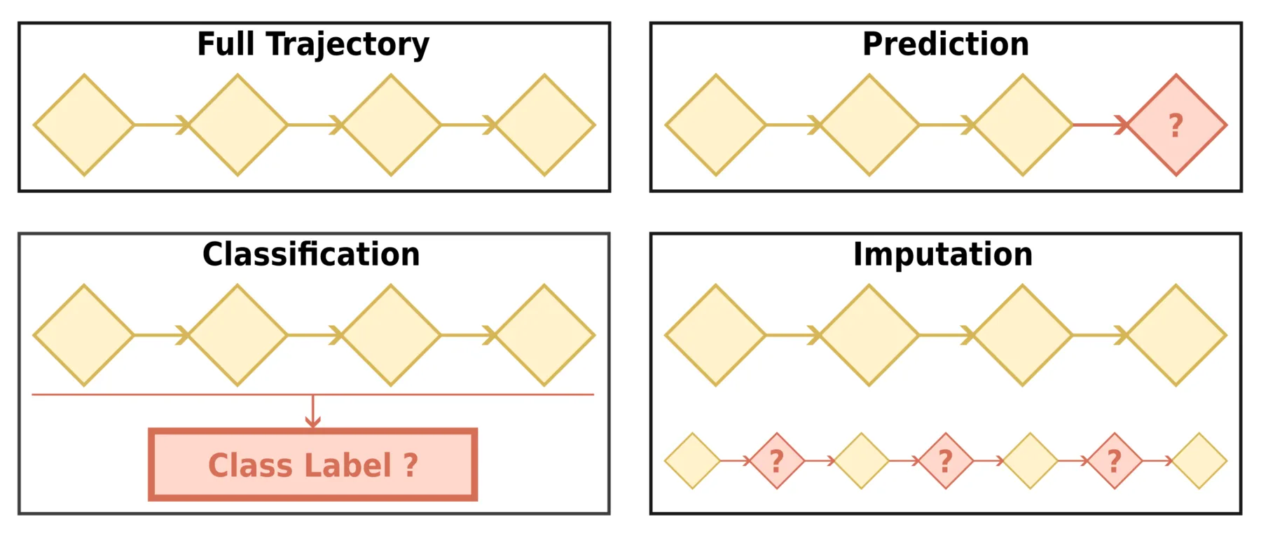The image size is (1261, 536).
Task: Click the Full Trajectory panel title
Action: (x=313, y=44)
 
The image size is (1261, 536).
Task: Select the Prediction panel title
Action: (x=945, y=44)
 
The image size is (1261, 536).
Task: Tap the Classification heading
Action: (x=311, y=254)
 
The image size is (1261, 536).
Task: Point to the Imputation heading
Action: (x=942, y=254)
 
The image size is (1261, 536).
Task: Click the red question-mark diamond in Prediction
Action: (x=1176, y=125)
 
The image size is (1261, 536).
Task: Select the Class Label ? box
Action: (x=313, y=465)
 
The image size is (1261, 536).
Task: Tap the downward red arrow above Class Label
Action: (x=313, y=412)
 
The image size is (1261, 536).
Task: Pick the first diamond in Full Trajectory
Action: (x=84, y=125)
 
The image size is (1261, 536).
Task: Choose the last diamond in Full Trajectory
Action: (x=544, y=125)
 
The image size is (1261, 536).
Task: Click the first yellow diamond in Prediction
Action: (x=716, y=125)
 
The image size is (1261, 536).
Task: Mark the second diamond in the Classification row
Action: (x=237, y=336)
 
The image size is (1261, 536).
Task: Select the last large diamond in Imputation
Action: (x=1176, y=336)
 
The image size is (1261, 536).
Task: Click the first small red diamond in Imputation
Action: (x=777, y=461)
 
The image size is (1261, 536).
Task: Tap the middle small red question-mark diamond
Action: (x=946, y=461)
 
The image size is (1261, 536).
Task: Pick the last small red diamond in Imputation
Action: (x=1115, y=461)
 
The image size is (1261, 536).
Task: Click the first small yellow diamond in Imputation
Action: (x=692, y=461)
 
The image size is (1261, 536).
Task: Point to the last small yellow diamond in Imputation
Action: (x=1199, y=461)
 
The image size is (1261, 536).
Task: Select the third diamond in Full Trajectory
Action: (x=391, y=125)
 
